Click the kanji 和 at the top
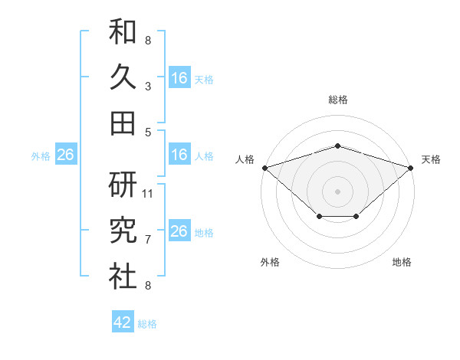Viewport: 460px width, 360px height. [123, 31]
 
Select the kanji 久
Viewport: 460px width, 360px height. [123, 77]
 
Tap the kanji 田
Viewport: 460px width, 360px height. [123, 123]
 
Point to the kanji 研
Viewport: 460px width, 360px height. [123, 185]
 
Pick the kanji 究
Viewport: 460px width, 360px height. [123, 230]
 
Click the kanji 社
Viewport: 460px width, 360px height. [123, 276]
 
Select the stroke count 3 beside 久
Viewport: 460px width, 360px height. [148, 87]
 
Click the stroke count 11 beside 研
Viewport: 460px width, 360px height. [147, 194]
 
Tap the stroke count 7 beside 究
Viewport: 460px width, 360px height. [148, 240]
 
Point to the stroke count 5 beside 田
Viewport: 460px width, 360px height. [148, 133]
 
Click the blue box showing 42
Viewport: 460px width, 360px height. [123, 321]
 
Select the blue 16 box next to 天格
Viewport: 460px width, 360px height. [179, 77]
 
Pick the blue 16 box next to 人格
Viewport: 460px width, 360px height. [179, 154]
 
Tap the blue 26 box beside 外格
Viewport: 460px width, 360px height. [66, 154]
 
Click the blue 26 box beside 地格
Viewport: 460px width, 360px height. [179, 230]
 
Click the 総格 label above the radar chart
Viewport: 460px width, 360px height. [338, 100]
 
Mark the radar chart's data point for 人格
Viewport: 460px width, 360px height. [265, 168]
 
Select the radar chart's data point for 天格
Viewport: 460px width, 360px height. [411, 168]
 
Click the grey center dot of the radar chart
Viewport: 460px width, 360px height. [337, 191]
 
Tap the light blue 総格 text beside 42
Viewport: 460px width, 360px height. [147, 324]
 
